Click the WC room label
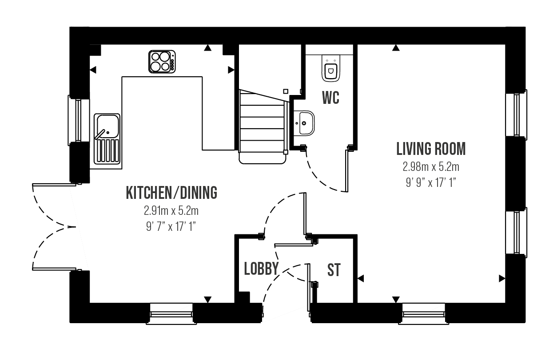point(330,98)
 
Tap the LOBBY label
point(261,269)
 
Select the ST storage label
point(334,270)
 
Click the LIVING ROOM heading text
point(431,149)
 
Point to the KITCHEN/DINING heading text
point(171,193)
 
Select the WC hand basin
point(304,123)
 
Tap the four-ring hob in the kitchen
point(162,62)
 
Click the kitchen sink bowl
point(107,126)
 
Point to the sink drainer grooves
point(107,151)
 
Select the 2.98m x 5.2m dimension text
point(431,167)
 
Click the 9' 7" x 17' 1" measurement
point(171,226)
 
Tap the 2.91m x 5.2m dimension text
point(171,211)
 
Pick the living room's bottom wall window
point(424,313)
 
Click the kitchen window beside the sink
point(79,120)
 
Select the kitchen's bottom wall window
point(171,313)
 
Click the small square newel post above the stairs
point(286,91)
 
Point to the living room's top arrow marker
point(396,48)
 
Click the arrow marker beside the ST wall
point(361,278)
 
